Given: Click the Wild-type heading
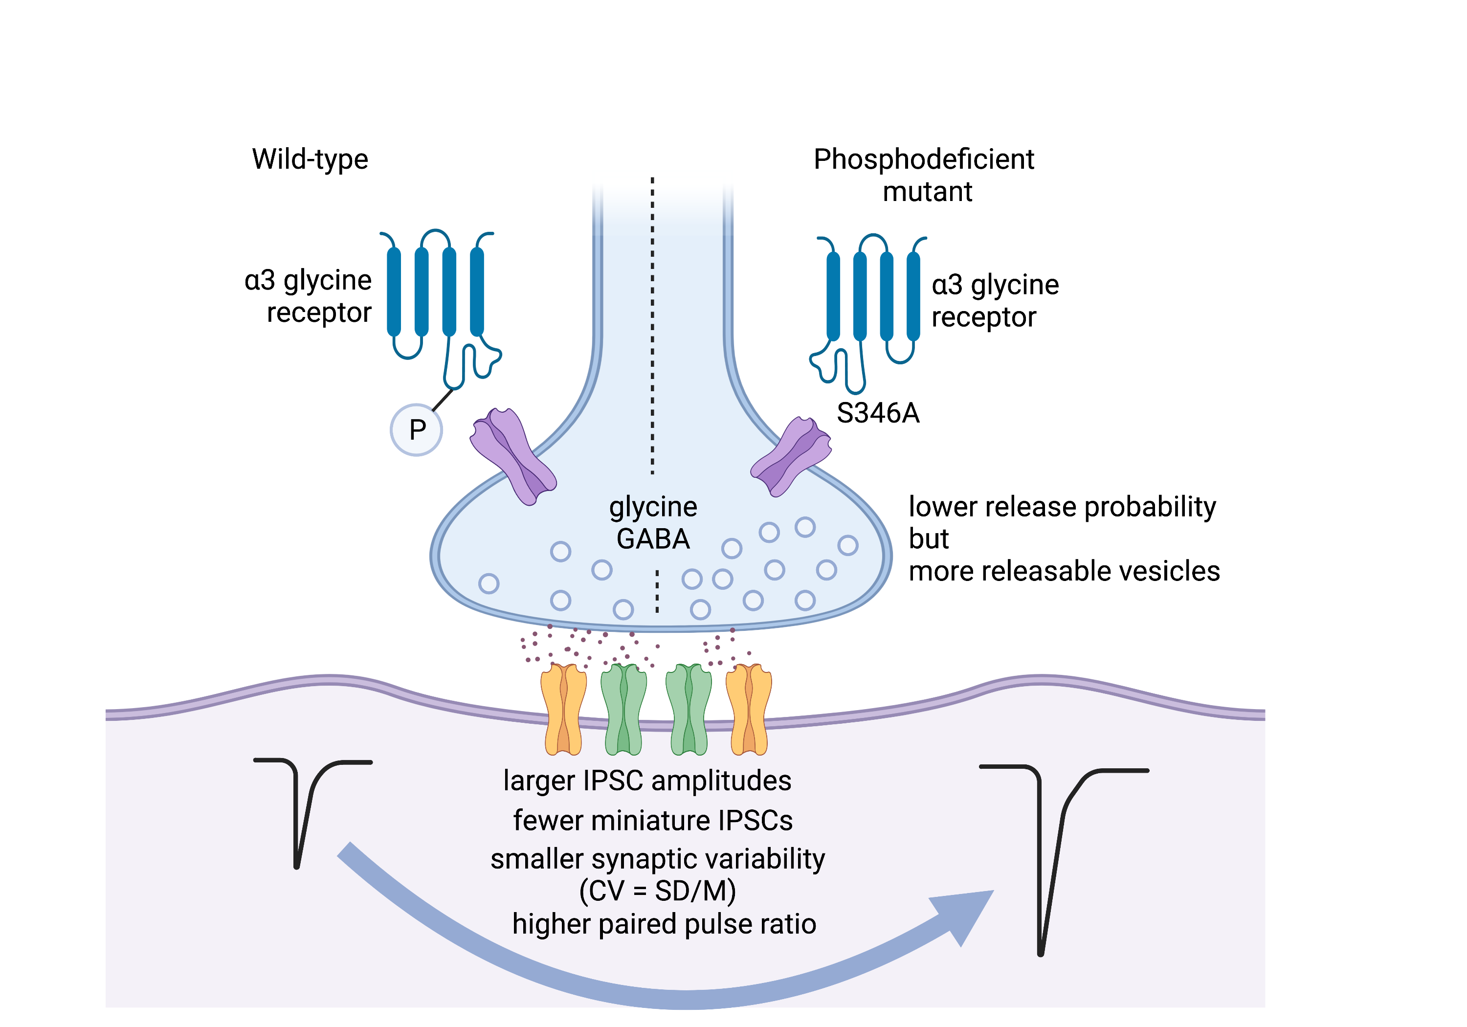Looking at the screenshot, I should (x=310, y=159).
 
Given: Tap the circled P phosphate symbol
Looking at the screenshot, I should (x=417, y=429).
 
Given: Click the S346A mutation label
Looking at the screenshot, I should (x=878, y=413).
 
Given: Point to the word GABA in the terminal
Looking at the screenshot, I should (x=653, y=539).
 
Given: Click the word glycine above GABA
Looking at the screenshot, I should (x=653, y=507).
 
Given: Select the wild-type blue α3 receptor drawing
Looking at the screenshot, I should (x=441, y=300).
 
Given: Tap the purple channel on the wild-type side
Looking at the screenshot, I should (x=513, y=456).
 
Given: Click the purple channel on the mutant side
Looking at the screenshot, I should (x=791, y=456).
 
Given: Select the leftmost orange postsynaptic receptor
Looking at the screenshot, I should (x=563, y=710).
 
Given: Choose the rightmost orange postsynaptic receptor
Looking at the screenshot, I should (x=749, y=710).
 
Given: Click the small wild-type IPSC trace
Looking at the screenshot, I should (x=304, y=805).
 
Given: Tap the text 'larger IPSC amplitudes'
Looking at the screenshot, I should (x=647, y=781).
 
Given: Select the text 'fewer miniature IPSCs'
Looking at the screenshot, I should (x=652, y=821).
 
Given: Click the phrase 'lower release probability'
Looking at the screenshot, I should (x=1062, y=507).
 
